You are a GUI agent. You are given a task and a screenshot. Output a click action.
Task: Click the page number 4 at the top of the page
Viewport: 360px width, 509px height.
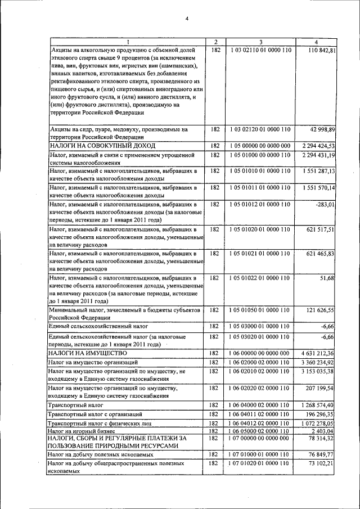point(187,19)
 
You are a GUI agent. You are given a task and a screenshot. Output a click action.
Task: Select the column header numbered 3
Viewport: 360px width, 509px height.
point(260,42)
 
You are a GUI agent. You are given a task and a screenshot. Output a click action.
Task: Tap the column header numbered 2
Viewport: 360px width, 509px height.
point(215,42)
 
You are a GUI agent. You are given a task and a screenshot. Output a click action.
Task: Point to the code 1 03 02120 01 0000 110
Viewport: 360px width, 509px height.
point(260,129)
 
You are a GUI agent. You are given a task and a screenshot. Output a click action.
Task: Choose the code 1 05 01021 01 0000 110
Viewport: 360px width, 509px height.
point(260,254)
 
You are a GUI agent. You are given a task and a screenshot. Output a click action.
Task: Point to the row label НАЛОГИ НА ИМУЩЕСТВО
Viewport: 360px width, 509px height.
point(84,353)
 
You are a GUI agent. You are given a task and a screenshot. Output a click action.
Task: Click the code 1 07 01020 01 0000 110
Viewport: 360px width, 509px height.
point(260,463)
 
